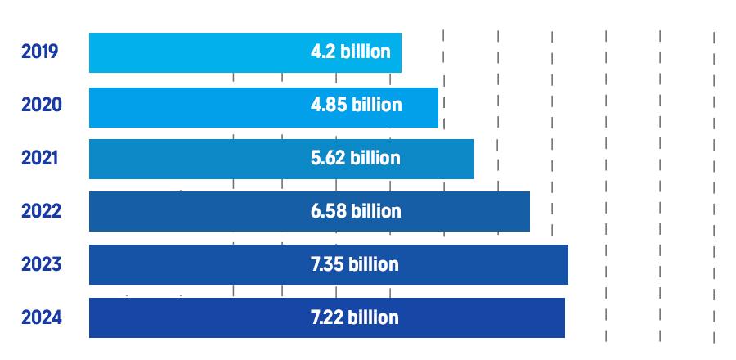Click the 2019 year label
pyautogui.click(x=39, y=52)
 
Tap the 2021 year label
pyautogui.click(x=39, y=159)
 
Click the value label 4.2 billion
pyautogui.click(x=350, y=52)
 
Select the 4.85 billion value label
pyautogui.click(x=356, y=106)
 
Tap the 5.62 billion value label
pyautogui.click(x=356, y=159)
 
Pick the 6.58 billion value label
pyautogui.click(x=356, y=212)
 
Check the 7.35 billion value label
pyautogui.click(x=354, y=265)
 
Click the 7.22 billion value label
pyautogui.click(x=354, y=317)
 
